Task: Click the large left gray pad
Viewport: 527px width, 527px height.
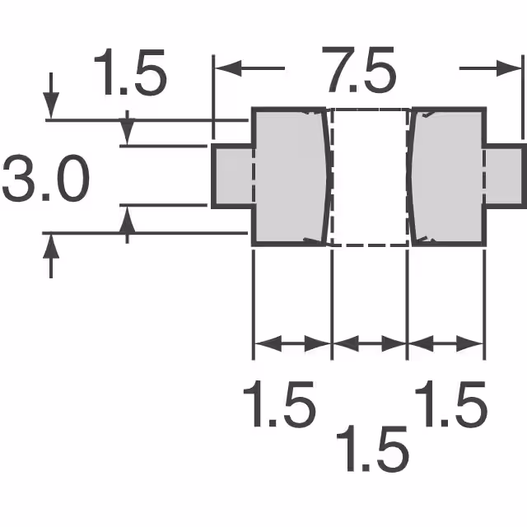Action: coord(290,176)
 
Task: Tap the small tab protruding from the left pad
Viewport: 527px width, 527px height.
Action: coord(232,176)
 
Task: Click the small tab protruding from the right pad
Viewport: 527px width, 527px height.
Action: coord(503,176)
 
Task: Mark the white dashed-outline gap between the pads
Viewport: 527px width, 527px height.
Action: coord(369,176)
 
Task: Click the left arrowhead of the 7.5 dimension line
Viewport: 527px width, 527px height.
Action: coord(226,68)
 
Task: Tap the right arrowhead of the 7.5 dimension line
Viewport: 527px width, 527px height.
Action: coord(511,68)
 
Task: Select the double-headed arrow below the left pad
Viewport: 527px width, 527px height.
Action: coord(291,343)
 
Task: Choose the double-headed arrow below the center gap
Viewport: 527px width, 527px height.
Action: coord(369,343)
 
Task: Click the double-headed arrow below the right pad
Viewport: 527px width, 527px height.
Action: coord(445,343)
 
